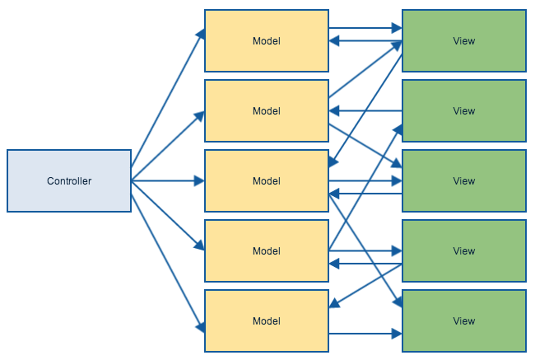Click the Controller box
click(69, 180)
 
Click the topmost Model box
click(267, 40)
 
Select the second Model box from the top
click(267, 110)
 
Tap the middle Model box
click(267, 180)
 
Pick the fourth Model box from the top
click(267, 250)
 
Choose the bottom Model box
click(267, 320)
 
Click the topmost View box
click(464, 40)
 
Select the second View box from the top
click(464, 110)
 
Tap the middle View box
click(464, 180)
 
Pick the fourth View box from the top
click(464, 250)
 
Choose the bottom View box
click(464, 320)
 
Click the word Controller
click(69, 181)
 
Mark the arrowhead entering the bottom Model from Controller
click(200, 327)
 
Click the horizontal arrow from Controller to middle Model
click(168, 180)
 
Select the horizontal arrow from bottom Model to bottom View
click(365, 334)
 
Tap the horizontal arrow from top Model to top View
click(365, 29)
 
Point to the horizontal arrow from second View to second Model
click(365, 111)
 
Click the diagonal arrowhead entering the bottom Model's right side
click(333, 306)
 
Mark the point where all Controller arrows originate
click(132, 180)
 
